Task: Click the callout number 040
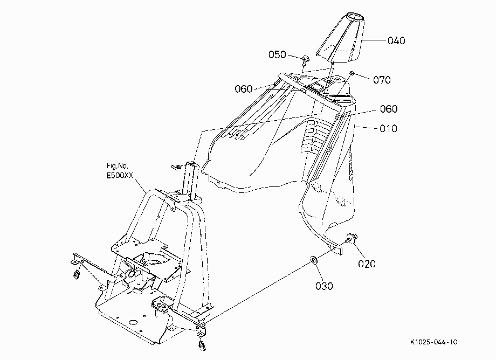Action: tap(396, 41)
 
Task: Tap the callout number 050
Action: tap(277, 54)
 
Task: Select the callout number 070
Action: tap(382, 80)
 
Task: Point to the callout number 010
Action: tap(388, 129)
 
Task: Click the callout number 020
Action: tap(367, 264)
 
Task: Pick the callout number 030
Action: tap(324, 286)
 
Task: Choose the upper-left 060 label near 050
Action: tap(244, 89)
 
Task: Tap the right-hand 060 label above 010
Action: tap(389, 109)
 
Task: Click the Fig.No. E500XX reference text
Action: tap(120, 171)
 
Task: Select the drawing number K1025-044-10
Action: tap(433, 342)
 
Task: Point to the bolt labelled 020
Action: tap(351, 238)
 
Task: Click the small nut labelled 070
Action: tap(352, 73)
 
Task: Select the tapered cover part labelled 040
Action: tap(340, 37)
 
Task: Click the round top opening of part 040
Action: tap(355, 16)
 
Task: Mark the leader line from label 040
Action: tap(375, 40)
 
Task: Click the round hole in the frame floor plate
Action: tap(133, 322)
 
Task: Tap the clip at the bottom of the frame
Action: tap(202, 345)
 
